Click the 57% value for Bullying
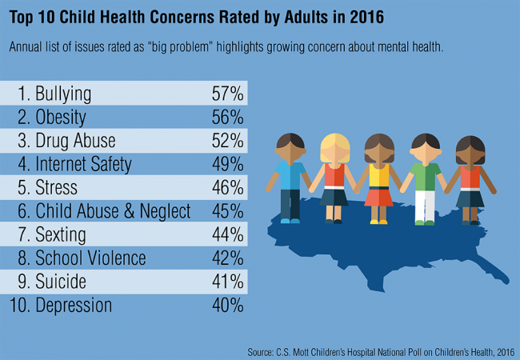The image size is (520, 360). pos(226,93)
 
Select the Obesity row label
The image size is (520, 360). pos(60,117)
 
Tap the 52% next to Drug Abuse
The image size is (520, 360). pos(226,141)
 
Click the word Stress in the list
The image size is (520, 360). pos(57,188)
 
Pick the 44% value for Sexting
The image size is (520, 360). pos(226,235)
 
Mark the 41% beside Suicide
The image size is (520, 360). pos(226,282)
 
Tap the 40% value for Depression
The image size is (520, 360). pos(226,306)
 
